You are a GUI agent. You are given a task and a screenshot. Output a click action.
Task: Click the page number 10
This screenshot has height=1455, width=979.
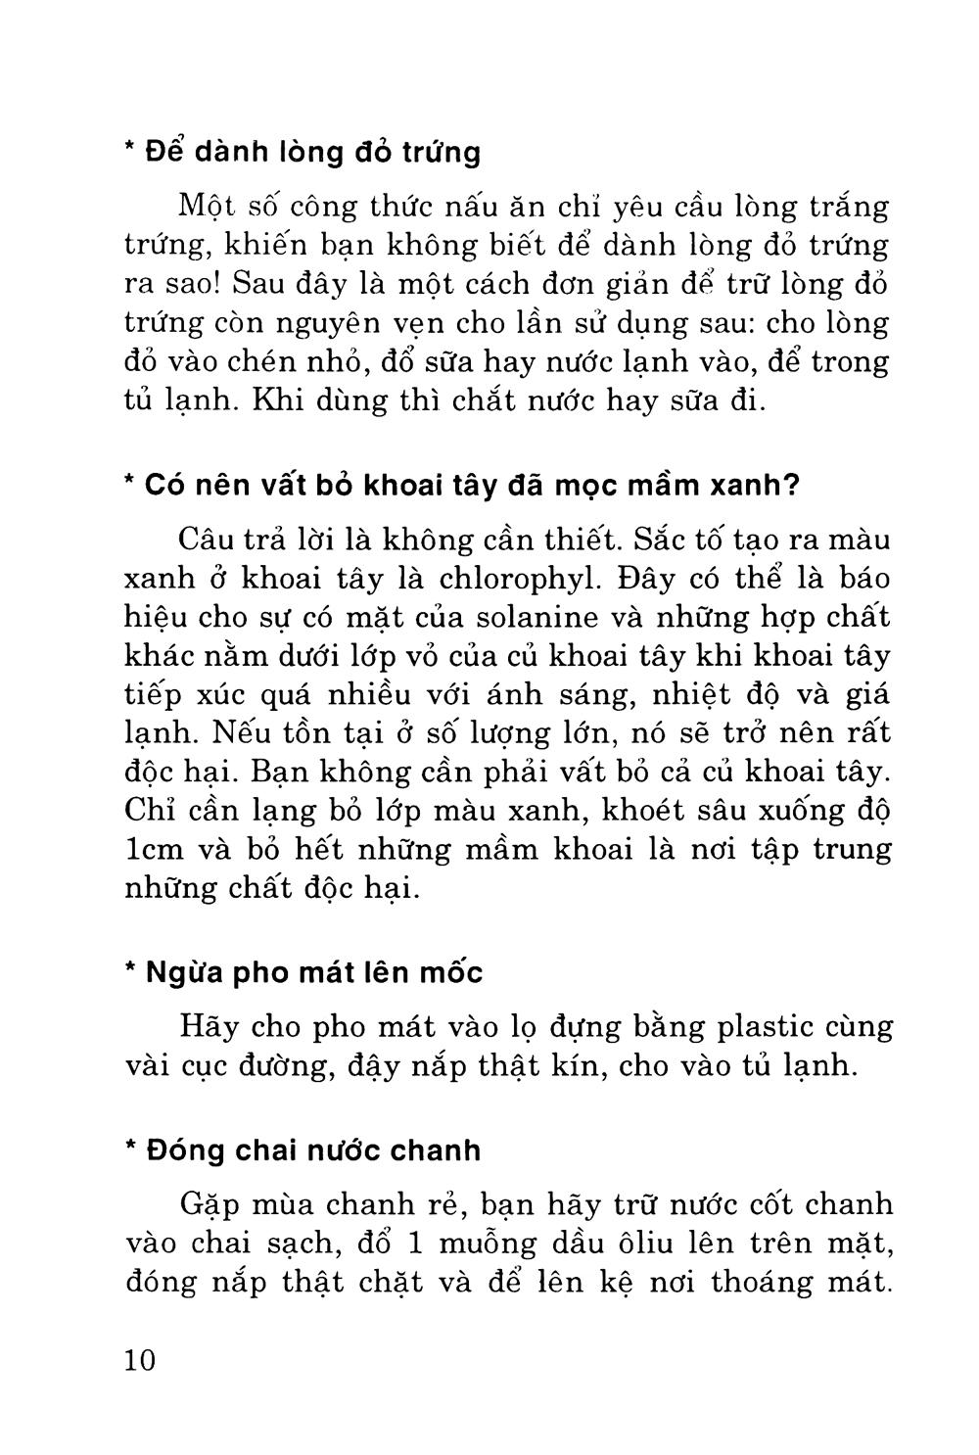tap(141, 1360)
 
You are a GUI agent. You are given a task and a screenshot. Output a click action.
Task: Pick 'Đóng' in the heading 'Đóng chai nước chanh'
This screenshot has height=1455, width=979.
tap(186, 1150)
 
